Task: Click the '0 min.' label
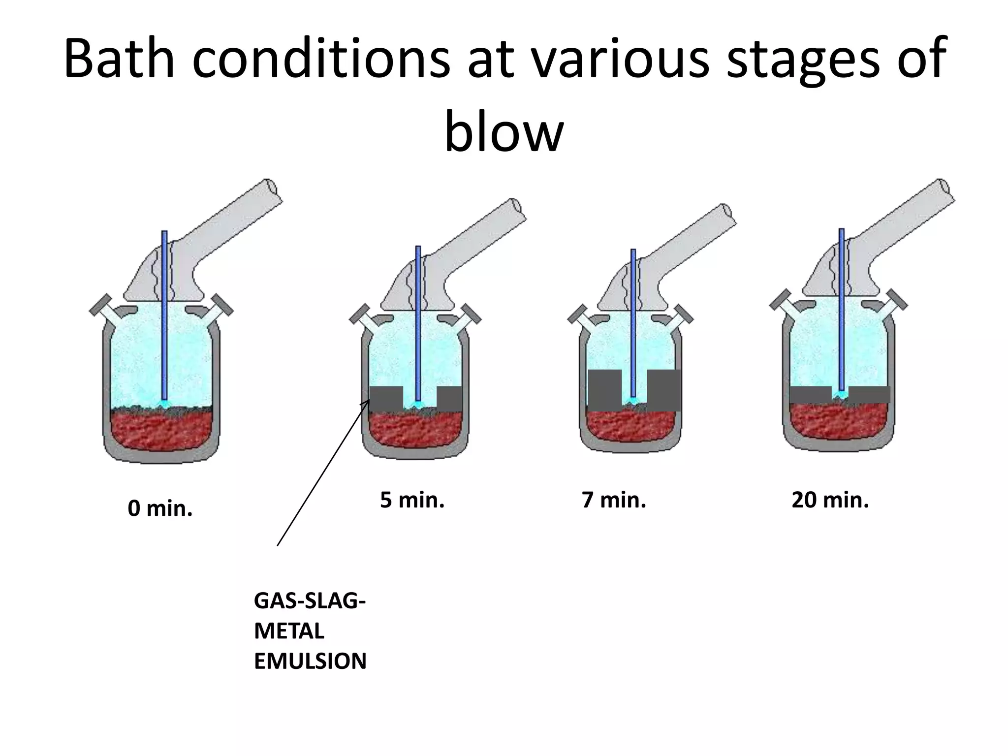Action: (x=160, y=508)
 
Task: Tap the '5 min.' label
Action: (x=412, y=500)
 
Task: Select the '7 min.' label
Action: (x=614, y=500)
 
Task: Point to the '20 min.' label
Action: (x=830, y=500)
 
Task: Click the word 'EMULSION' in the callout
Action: (x=310, y=661)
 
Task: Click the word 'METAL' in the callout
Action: (x=289, y=631)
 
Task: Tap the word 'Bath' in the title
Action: (x=120, y=58)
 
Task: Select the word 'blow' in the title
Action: (x=504, y=132)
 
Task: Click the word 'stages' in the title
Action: (x=802, y=58)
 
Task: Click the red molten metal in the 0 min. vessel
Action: (x=161, y=431)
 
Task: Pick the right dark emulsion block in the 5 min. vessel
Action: (x=449, y=399)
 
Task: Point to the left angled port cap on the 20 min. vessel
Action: (x=780, y=300)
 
